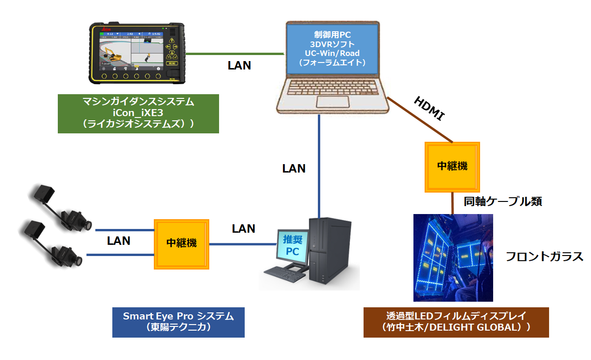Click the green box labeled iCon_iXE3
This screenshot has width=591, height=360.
pos(138,113)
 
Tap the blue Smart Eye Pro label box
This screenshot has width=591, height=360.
pos(178,322)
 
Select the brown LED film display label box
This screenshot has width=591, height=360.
pos(456,322)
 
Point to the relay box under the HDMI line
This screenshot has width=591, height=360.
pos(452,166)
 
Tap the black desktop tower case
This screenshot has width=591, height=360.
pos(327,249)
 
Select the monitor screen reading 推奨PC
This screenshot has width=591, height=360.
pos(293,245)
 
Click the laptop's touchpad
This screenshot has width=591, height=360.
pos(334,102)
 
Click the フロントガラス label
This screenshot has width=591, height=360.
pos(544,256)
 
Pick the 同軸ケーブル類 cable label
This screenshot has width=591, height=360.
pos(503,201)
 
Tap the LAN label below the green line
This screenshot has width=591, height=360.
pos(239,66)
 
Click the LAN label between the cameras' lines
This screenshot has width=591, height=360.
pos(118,241)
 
